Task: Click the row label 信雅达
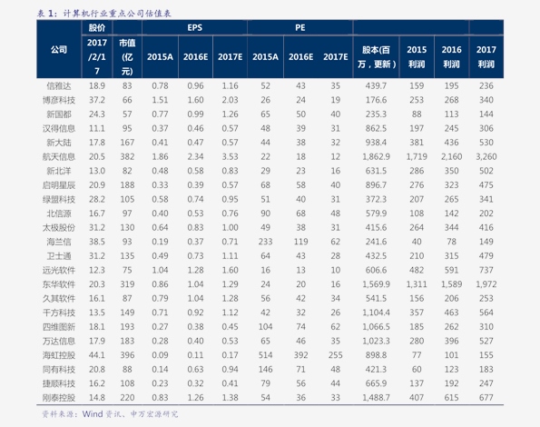(59, 85)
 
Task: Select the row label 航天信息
(59, 157)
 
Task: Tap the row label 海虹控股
(59, 355)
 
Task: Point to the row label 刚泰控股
(59, 398)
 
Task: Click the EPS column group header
(194, 27)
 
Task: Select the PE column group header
(300, 27)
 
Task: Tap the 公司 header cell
(59, 50)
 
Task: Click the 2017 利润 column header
(486, 57)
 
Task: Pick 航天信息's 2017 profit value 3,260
(486, 157)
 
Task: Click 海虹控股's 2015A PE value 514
(265, 355)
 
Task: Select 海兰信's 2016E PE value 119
(300, 242)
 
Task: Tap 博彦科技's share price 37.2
(97, 100)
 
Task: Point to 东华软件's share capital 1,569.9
(376, 284)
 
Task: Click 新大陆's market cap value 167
(127, 143)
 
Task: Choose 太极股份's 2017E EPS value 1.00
(230, 228)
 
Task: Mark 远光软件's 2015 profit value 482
(417, 270)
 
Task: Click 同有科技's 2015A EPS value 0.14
(160, 370)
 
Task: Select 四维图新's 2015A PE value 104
(265, 327)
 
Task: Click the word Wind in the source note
(93, 414)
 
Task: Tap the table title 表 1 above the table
(45, 14)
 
